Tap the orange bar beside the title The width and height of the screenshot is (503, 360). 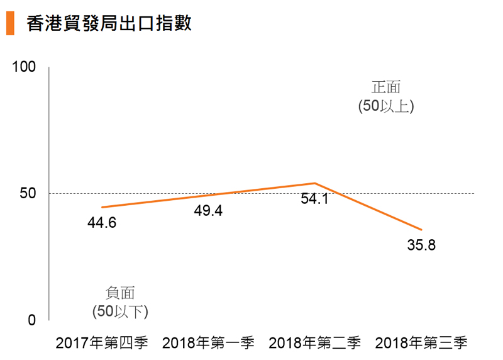coord(10,23)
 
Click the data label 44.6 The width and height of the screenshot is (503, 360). coord(101,223)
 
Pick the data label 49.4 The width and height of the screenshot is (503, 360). coord(208,211)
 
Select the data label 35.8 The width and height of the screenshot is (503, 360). coord(421,245)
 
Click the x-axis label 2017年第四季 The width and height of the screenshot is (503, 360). coord(102,343)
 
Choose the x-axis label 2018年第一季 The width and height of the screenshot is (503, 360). coord(208,343)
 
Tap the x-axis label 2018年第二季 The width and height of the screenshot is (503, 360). coord(314,343)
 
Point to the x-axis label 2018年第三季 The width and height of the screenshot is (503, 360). coord(421,343)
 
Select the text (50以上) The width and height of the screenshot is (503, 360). coord(385,106)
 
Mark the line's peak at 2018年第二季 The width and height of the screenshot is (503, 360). coord(314,183)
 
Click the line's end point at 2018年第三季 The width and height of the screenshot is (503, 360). coord(421,230)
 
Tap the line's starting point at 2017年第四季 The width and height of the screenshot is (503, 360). coord(102,207)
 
